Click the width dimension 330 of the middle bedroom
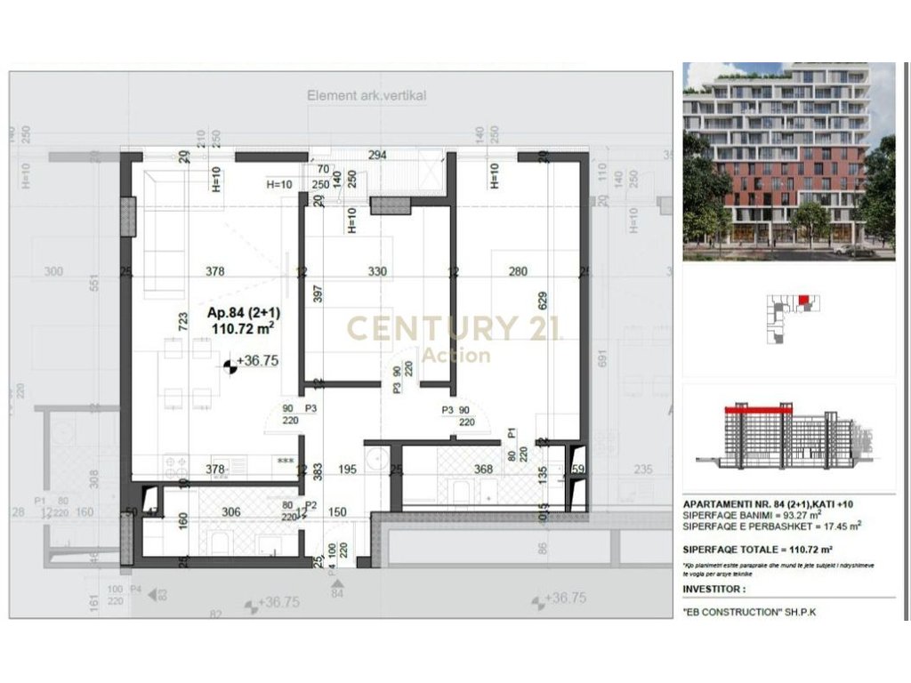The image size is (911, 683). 378,271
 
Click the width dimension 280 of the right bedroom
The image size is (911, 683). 519,271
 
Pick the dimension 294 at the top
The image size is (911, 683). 377,156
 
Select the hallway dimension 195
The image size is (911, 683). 348,470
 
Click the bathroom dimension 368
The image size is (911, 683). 483,470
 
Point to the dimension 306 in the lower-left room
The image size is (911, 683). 230,511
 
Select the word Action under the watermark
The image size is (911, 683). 455,356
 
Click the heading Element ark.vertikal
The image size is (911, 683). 367,95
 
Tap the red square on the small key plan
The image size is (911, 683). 805,300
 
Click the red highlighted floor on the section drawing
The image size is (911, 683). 759,408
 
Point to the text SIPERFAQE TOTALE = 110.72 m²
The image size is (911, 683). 757,550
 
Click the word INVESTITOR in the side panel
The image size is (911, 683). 714,588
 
